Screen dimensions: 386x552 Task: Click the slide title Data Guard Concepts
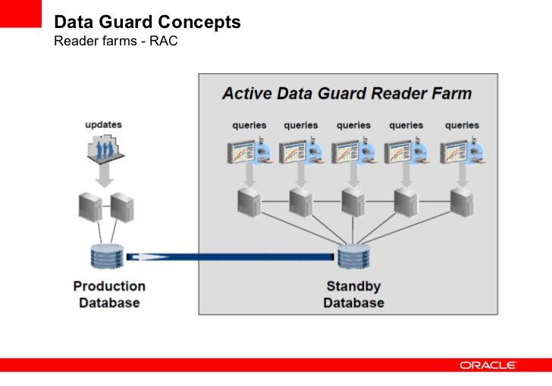point(147,23)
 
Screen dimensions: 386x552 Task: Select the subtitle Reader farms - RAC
point(115,41)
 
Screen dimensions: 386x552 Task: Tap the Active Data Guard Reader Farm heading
point(347,94)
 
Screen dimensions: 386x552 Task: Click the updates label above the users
point(103,124)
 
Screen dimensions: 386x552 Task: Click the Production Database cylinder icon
point(107,257)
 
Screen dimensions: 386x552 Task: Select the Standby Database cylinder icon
point(353,257)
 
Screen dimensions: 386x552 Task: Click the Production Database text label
point(109,294)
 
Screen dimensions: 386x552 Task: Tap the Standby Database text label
point(353,294)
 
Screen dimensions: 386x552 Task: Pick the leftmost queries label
point(249,125)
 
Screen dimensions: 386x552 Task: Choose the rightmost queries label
point(462,125)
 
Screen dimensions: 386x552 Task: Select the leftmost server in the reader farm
point(248,202)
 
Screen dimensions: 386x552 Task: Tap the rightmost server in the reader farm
point(461,202)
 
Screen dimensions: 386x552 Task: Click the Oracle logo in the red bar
point(488,365)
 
